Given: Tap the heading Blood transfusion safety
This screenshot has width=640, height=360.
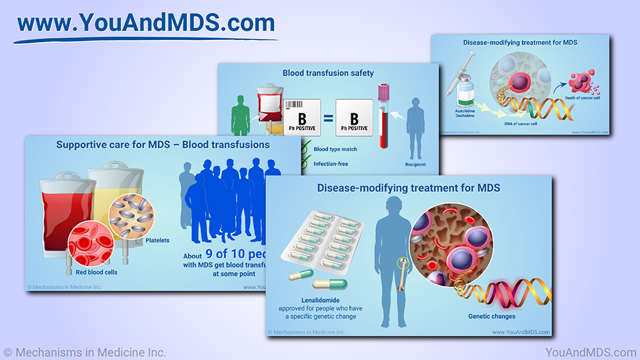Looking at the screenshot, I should (328, 73).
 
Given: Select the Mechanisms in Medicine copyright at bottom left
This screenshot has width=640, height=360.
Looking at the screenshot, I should (85, 352).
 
